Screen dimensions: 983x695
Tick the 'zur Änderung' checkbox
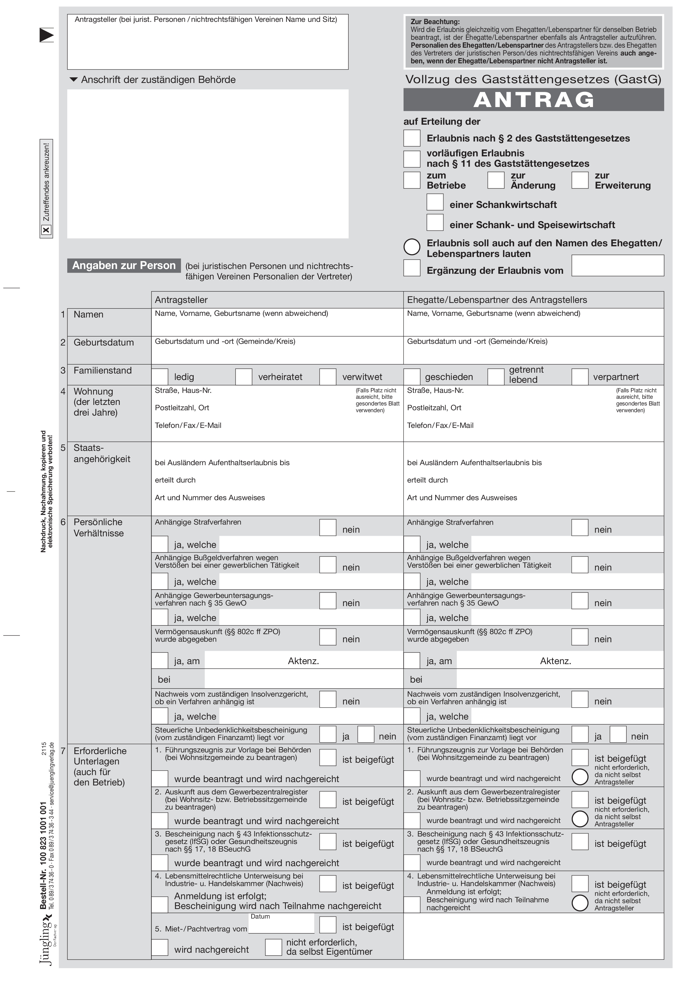(495, 180)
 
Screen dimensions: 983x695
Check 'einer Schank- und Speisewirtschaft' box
(435, 222)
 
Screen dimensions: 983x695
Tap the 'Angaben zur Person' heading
(124, 265)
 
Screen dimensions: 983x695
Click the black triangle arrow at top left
(47, 35)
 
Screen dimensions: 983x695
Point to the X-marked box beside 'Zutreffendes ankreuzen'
(46, 230)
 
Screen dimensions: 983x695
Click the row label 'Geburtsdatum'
(104, 342)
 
